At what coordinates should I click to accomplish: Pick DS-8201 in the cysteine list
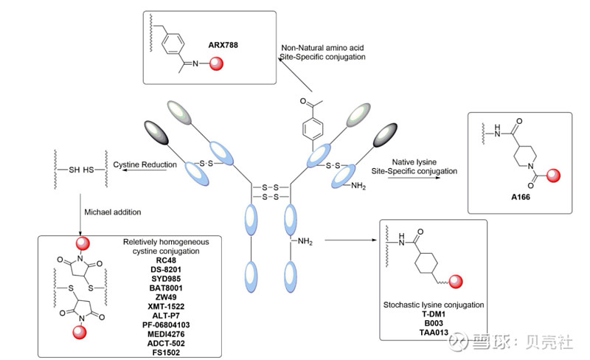[x=169, y=269]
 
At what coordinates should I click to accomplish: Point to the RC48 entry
[x=169, y=260]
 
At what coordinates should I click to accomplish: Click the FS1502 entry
[x=169, y=351]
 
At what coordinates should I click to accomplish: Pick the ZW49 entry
[x=169, y=297]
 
